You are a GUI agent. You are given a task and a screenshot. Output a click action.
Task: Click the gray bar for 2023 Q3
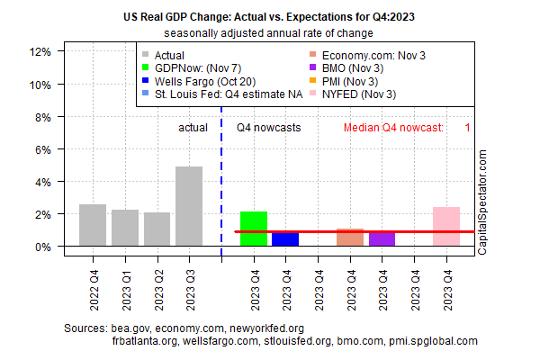point(189,206)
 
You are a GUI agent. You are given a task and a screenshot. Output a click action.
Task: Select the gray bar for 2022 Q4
point(93,225)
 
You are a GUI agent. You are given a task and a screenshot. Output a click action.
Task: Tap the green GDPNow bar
point(254,229)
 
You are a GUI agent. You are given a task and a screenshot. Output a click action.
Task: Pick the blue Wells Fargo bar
point(285,239)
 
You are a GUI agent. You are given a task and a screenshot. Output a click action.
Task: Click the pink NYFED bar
point(446,227)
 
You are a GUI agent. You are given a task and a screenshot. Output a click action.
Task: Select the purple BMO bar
point(382,239)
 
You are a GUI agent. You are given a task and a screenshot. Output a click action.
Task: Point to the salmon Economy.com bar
point(350,237)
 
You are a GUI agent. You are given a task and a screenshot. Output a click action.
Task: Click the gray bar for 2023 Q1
point(125,228)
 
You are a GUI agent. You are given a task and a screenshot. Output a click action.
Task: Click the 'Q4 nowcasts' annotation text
point(268,128)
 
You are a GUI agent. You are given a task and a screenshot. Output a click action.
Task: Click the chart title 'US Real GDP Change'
point(269,16)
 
